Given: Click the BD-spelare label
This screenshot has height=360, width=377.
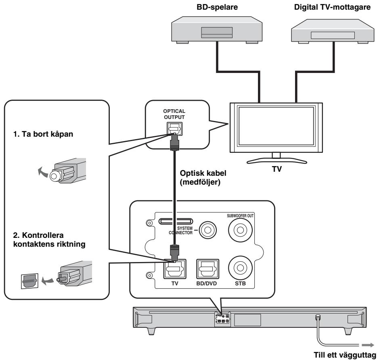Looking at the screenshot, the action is (x=217, y=7).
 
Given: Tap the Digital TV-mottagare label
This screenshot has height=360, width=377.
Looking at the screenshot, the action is (x=332, y=7).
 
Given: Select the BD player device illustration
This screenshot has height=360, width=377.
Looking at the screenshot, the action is (x=217, y=30).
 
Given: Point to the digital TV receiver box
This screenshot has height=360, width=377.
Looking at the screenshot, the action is (x=333, y=31).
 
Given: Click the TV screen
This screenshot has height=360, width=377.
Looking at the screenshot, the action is (x=276, y=126).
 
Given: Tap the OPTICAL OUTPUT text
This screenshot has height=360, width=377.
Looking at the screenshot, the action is (x=174, y=114).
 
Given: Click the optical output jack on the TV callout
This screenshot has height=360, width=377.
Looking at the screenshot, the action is (x=174, y=129).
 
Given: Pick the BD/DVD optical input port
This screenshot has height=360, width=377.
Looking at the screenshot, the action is (x=207, y=269).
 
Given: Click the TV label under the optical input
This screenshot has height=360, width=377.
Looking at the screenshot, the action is (x=175, y=283).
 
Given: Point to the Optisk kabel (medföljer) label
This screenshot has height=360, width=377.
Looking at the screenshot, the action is (x=203, y=177).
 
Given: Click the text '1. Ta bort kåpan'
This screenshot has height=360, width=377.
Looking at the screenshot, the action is (x=43, y=134).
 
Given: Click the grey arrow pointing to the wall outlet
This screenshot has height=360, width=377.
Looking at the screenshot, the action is (x=368, y=345).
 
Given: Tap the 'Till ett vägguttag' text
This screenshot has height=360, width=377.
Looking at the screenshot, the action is (x=345, y=355).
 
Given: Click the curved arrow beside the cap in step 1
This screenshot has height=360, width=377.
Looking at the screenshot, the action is (x=42, y=171).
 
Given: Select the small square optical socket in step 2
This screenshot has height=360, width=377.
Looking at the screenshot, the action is (x=29, y=281).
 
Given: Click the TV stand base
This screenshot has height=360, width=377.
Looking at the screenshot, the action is (x=277, y=161).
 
